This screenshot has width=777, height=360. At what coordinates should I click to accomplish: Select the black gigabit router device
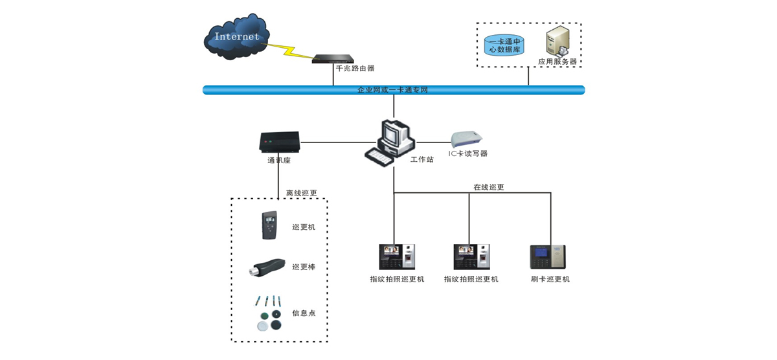tap(333, 59)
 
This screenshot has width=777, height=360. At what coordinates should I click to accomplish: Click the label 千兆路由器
tap(355, 68)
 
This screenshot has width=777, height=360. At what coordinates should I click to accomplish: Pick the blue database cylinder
tap(504, 45)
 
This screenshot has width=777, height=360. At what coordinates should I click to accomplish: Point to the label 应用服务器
tap(557, 62)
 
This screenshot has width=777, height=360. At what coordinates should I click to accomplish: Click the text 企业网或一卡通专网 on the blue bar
tap(392, 90)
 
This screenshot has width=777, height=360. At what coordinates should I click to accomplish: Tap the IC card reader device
tap(467, 138)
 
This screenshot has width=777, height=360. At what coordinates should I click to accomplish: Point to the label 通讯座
tap(279, 160)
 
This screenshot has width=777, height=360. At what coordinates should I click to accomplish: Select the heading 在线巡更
tap(488, 187)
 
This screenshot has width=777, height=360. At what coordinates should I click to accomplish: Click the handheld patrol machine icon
tap(269, 225)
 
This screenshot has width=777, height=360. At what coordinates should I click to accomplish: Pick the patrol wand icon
tap(267, 267)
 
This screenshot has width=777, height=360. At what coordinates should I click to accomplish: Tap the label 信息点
tap(304, 313)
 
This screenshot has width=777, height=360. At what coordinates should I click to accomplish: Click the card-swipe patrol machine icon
tap(548, 257)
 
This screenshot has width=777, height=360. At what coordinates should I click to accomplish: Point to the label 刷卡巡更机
tap(550, 279)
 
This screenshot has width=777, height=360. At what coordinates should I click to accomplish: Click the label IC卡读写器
tap(468, 154)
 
